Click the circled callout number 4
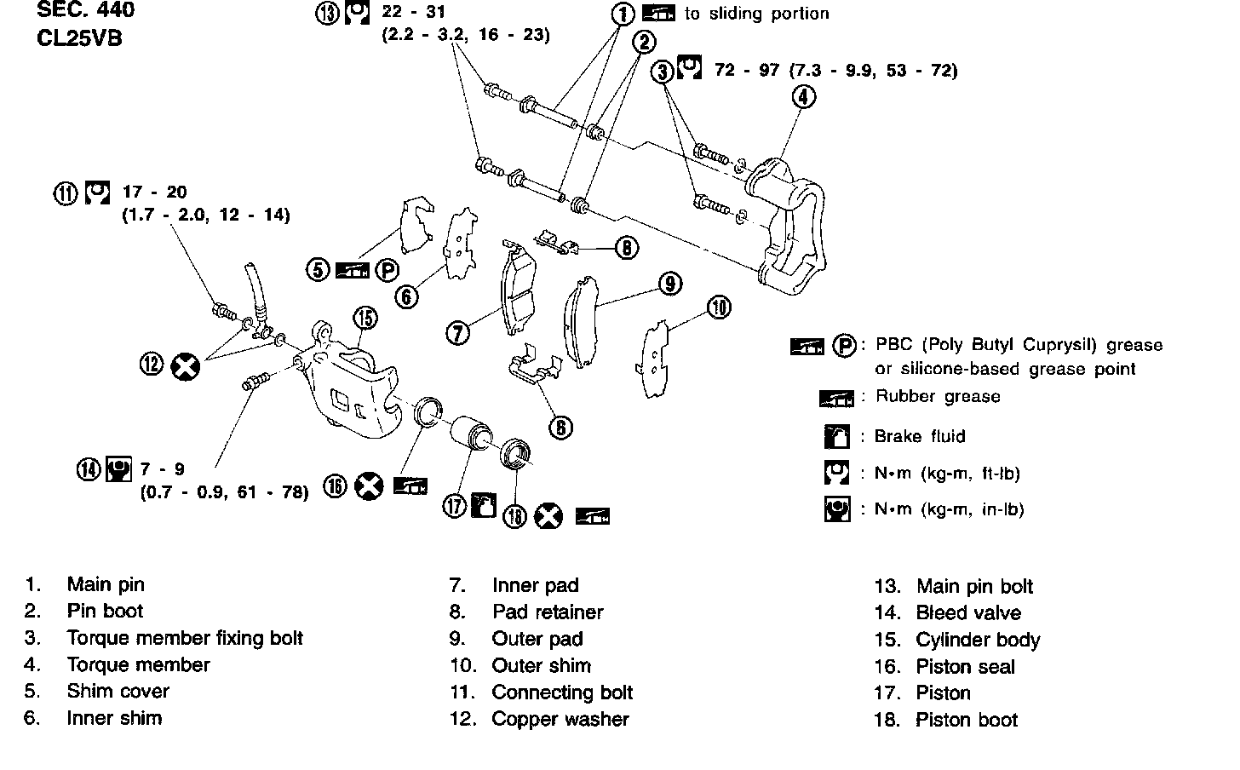(803, 97)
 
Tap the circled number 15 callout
(365, 319)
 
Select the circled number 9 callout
(670, 284)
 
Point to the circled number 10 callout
(720, 307)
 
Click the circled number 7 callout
(458, 332)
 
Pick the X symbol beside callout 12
(185, 367)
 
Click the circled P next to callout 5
(387, 271)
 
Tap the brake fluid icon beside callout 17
(483, 505)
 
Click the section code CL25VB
(80, 39)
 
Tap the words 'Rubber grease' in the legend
(938, 396)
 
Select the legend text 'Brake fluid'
(920, 436)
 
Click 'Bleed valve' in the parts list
(968, 613)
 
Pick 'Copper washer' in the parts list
(560, 719)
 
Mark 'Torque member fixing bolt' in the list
(185, 638)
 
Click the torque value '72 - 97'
(747, 70)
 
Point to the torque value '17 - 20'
(154, 192)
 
